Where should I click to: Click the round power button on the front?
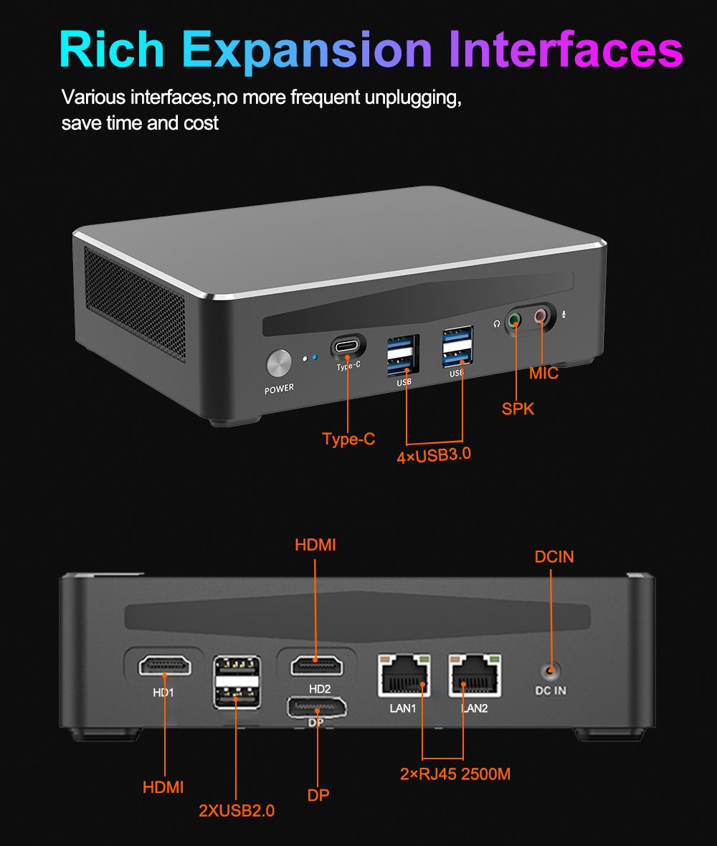tap(279, 363)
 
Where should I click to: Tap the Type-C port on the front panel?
tap(348, 347)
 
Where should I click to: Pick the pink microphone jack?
tap(540, 316)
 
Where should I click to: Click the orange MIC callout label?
tap(543, 374)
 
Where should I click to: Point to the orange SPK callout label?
tap(518, 409)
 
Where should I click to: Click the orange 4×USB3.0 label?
tap(434, 455)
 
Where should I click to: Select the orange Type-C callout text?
tap(348, 439)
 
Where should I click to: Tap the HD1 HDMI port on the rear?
tap(165, 666)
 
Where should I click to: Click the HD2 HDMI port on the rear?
tap(316, 665)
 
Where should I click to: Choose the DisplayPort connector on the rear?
tap(316, 708)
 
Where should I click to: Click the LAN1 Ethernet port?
tap(404, 675)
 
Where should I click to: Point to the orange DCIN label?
tap(554, 556)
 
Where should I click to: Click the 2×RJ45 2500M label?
tap(455, 774)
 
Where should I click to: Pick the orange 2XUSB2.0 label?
tap(237, 811)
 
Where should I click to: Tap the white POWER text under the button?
tap(279, 389)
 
